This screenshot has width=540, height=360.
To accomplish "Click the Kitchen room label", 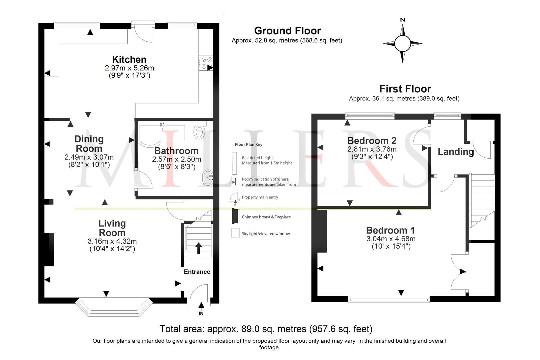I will click(129, 59).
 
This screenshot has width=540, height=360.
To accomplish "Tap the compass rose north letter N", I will click(402, 20).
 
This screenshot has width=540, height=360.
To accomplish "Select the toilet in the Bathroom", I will click(199, 131).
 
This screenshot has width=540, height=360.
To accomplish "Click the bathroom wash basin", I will click(208, 177).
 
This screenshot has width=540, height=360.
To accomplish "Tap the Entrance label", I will click(197, 272).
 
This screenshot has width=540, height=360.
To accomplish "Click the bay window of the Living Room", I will click(114, 307).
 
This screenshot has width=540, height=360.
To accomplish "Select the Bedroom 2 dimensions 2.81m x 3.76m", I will click(372, 149).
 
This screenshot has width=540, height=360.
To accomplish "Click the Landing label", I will click(455, 152).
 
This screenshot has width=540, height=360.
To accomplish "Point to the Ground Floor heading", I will click(287, 31).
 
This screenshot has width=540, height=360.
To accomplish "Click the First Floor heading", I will click(405, 89).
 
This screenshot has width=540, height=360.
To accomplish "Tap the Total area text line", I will click(266, 329).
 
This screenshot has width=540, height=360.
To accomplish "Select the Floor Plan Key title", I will click(248, 145).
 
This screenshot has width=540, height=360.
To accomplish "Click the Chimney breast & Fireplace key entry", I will click(266, 217).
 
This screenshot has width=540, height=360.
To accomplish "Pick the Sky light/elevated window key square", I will click(235, 233).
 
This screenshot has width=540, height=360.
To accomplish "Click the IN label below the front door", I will click(201, 314).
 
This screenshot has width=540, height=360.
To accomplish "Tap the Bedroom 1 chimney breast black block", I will click(322, 231).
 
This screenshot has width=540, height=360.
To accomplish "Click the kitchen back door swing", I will click(143, 34).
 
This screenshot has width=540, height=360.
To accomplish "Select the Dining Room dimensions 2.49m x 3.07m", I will click(89, 157).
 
